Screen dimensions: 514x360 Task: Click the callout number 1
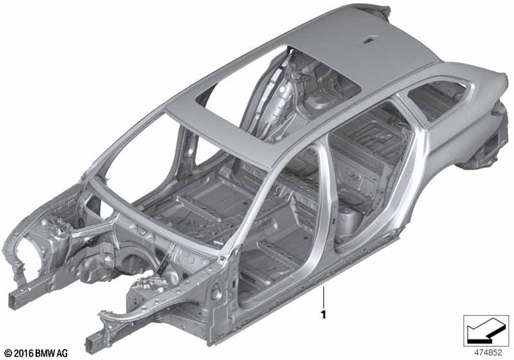coord(324,315)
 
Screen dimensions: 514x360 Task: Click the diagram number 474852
coord(488,353)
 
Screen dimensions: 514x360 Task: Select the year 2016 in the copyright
coord(24,353)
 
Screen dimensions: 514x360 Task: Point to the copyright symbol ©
coord(8,353)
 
